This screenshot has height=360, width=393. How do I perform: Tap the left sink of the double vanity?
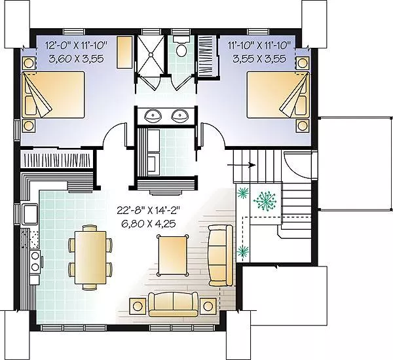click(153, 115)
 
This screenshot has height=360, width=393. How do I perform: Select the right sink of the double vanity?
click(179, 115)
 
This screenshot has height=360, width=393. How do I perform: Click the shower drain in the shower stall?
click(151, 54)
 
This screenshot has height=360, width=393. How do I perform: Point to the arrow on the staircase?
click(241, 165)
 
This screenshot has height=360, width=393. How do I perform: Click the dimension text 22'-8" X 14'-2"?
click(149, 210)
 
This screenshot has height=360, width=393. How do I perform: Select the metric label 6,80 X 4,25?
click(149, 224)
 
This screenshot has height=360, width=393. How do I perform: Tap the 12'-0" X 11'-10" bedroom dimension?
click(76, 46)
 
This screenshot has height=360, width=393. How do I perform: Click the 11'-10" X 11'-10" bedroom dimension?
click(259, 46)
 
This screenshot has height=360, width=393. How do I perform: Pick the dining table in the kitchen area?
click(90, 257)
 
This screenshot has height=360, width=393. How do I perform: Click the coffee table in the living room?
click(172, 255)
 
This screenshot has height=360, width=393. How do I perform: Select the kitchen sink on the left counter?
click(30, 213)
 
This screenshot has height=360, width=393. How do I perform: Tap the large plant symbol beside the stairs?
click(265, 200)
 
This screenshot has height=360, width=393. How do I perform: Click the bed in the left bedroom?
click(53, 95)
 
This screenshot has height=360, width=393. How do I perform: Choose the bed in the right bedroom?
click(278, 95)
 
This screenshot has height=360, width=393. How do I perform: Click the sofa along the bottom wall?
click(173, 304)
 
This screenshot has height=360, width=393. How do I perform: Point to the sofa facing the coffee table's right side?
click(221, 255)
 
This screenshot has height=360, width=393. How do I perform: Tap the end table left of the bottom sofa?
click(138, 306)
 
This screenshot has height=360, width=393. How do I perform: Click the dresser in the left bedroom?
click(125, 52)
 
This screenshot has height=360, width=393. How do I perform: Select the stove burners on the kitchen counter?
click(35, 262)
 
